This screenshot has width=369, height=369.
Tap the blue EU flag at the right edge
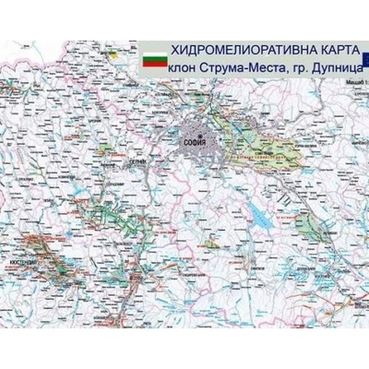point(363,57)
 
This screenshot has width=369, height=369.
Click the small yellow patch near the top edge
point(113,55)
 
